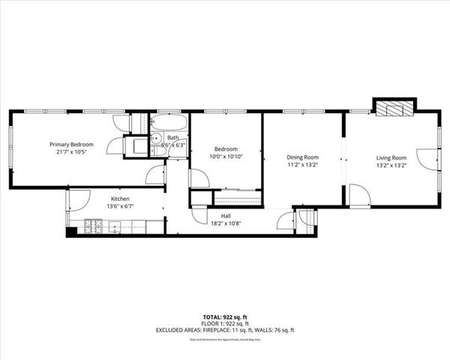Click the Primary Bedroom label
71,144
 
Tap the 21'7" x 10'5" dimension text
71,152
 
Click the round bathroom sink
157,139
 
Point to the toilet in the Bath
158,150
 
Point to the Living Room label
391,157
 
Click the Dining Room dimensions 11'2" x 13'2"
303,166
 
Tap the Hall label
225,214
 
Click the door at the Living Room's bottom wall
359,196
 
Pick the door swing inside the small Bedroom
199,178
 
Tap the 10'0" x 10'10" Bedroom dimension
225,157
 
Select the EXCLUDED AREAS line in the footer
225,330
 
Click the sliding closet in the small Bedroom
237,199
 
